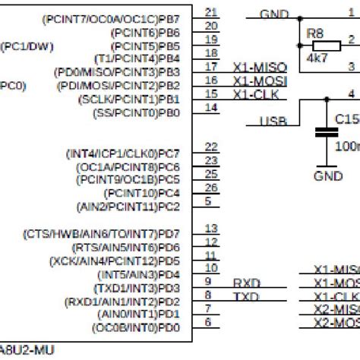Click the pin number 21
(211, 11)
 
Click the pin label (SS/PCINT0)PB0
(137, 113)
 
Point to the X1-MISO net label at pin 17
(261, 67)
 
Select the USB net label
(273, 122)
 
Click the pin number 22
(211, 147)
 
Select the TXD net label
(246, 296)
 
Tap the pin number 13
(211, 229)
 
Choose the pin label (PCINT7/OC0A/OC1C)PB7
(123, 18)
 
